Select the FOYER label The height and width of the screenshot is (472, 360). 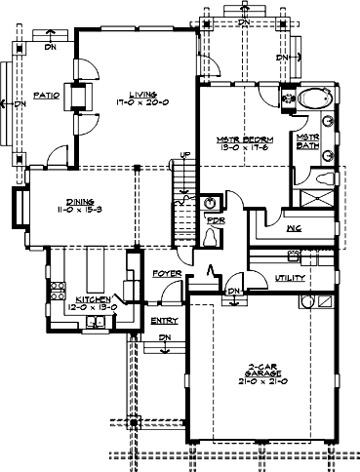168,274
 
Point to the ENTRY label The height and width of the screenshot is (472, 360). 162,319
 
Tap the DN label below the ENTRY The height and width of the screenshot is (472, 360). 164,336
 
